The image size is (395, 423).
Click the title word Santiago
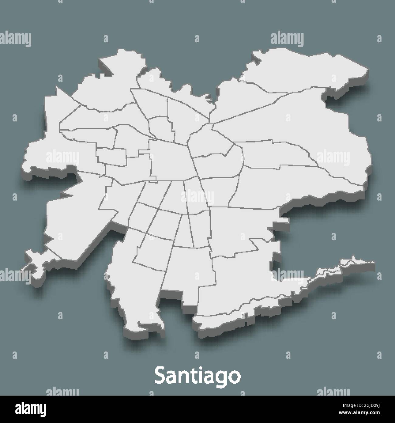[197, 376]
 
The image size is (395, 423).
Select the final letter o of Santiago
[233, 377]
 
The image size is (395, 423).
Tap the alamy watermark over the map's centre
[197, 197]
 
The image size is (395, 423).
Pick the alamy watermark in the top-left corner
[15, 39]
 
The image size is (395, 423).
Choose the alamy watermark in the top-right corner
[287, 39]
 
